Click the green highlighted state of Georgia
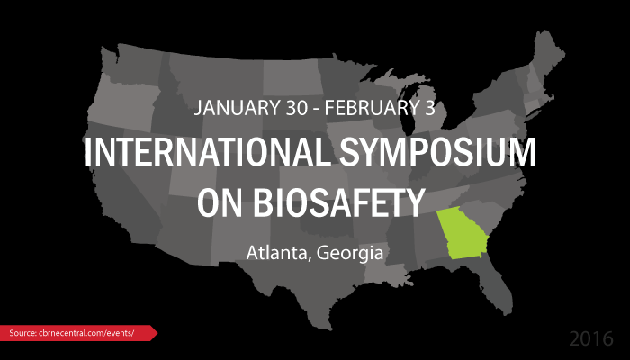[461, 234]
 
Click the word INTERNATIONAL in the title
[207, 152]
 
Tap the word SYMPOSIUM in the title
[438, 152]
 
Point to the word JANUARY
[237, 108]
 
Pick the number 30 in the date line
[297, 108]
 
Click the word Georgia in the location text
[350, 254]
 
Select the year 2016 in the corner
[591, 338]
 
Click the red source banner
[79, 333]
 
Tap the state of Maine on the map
[547, 52]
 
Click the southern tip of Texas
[330, 329]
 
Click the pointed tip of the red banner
[157, 333]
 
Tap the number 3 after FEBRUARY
[430, 108]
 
